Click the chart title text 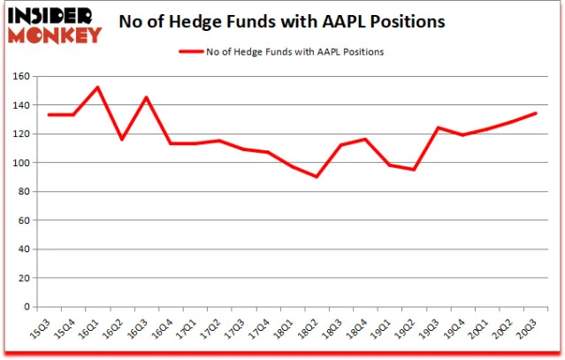point(282,21)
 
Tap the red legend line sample point(191,51)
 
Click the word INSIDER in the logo point(50,16)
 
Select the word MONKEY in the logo point(55,35)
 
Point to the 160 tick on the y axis point(21,76)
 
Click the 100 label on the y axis point(21,163)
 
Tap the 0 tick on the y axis point(27,307)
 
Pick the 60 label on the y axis point(23,220)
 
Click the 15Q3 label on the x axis point(40,329)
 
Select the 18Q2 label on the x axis point(308,329)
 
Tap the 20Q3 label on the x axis point(527,329)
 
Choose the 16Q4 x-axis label point(162,329)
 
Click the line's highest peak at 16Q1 point(97,88)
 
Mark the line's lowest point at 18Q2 point(317,177)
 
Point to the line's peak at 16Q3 point(146,97)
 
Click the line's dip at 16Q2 point(122,139)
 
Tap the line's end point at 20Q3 point(536,113)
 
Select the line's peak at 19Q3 point(439,127)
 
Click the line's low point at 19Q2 point(414,169)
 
